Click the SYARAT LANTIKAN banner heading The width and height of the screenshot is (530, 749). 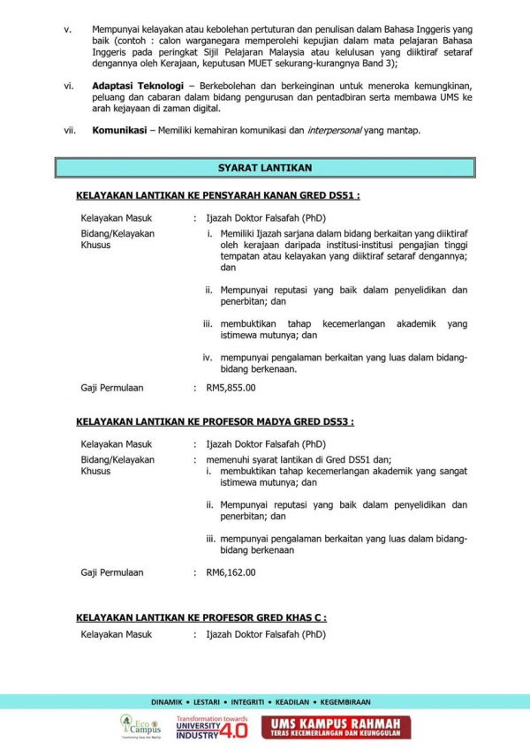coord(265,167)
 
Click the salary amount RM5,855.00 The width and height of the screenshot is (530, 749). coord(231,387)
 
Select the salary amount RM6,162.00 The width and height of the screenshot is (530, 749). coord(231,571)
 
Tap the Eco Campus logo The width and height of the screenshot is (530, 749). coord(140,727)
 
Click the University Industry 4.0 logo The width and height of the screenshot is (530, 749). coord(212,727)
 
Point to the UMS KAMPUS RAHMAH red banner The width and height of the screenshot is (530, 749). coord(336,727)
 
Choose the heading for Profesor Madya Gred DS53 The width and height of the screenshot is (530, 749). coord(215,422)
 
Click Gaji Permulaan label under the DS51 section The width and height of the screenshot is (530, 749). coord(112,387)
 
